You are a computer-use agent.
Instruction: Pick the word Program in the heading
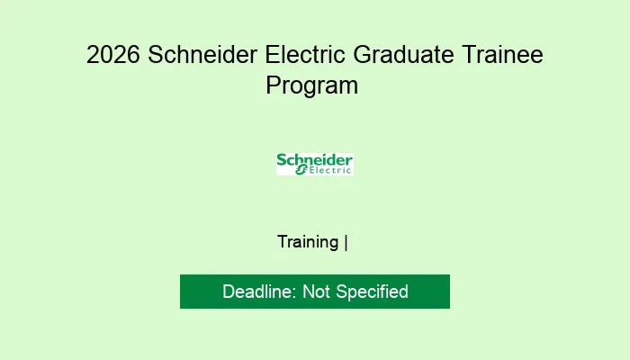tap(312, 85)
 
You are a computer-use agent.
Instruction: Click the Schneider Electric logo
tap(314, 164)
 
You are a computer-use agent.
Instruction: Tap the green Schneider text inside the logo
tap(314, 160)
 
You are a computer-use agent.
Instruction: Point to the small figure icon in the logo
tap(302, 171)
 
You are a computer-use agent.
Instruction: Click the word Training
tap(308, 242)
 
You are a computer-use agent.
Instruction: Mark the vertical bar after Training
tap(346, 242)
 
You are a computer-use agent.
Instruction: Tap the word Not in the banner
tap(317, 292)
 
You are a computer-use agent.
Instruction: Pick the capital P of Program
tap(273, 85)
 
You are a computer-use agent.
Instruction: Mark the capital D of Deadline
tap(229, 292)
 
